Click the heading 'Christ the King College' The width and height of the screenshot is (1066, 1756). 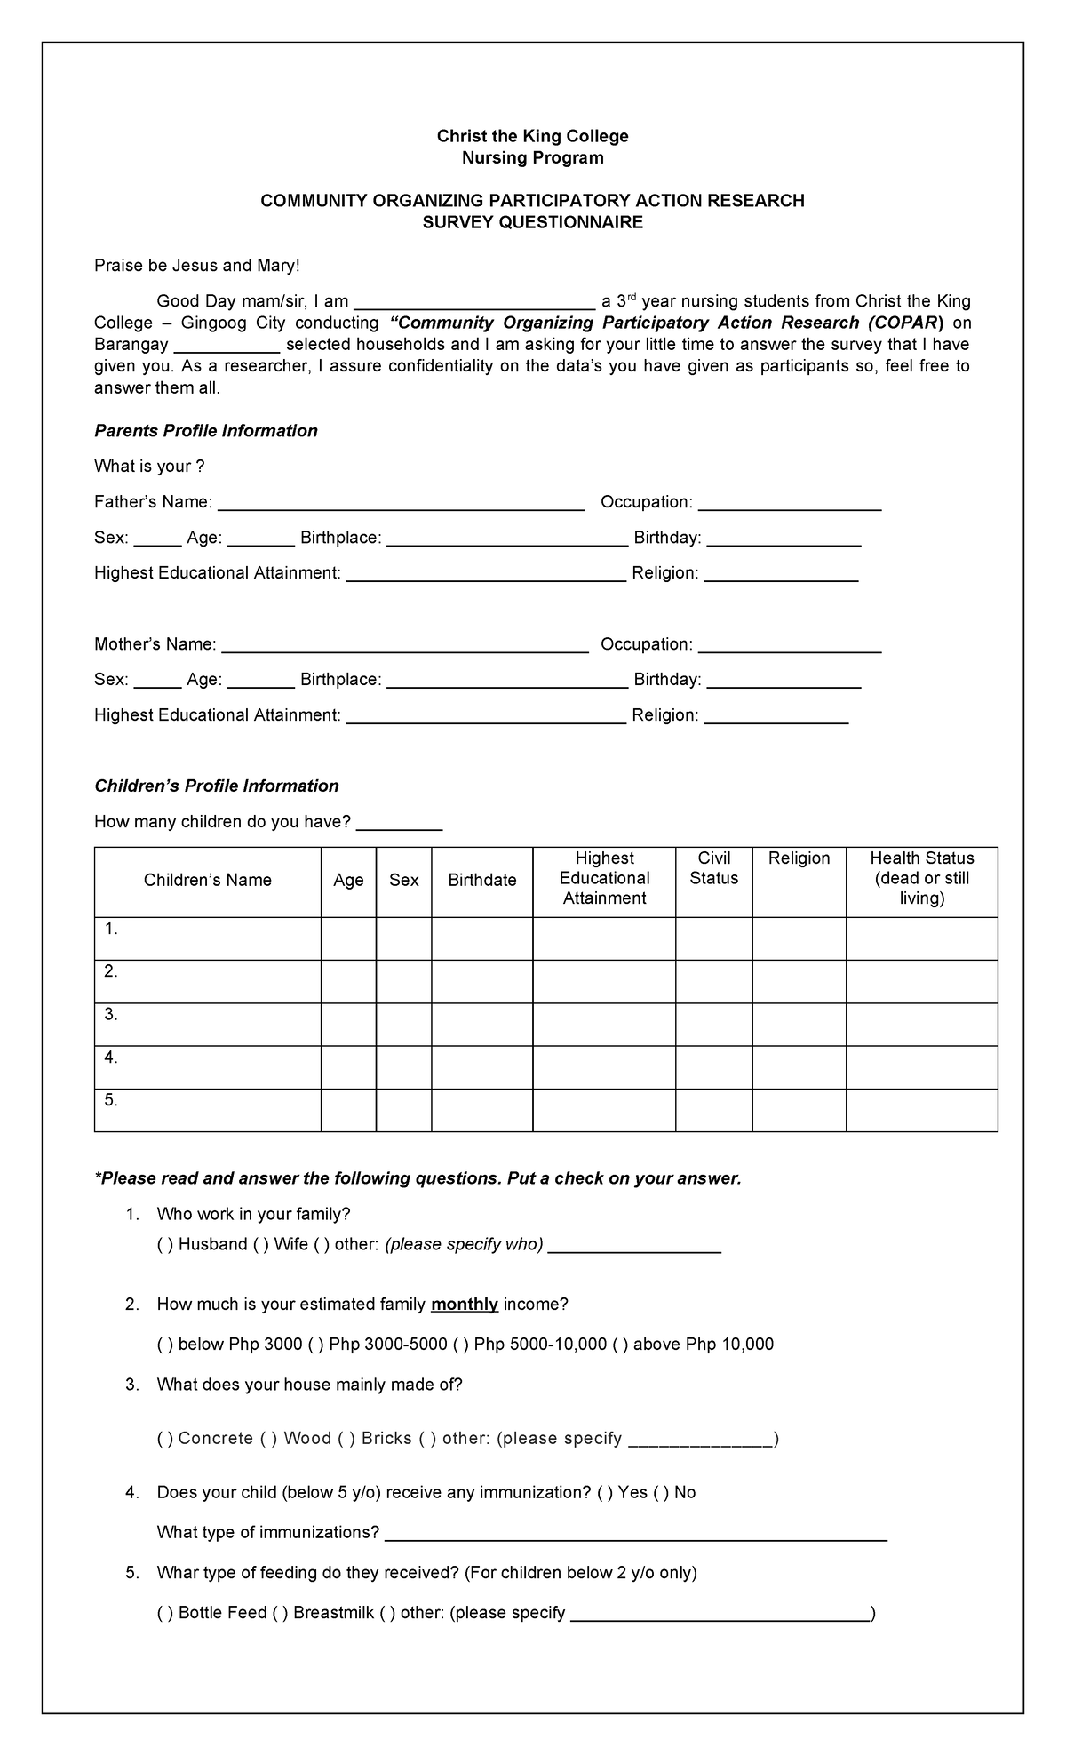point(532,136)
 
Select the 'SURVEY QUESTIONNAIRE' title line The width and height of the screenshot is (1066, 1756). point(532,222)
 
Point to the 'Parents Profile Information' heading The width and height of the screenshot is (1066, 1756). point(205,431)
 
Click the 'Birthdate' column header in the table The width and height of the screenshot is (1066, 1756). point(481,880)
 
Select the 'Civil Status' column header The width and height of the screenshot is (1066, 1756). point(713,868)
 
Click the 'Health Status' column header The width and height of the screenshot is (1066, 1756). point(921,878)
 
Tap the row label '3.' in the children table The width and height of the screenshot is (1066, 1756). point(111,1015)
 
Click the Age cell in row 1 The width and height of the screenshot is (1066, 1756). point(348,938)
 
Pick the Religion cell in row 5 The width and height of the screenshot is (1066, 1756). point(799,1110)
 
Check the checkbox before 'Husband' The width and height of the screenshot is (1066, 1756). point(165,1245)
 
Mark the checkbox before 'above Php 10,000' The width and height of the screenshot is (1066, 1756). point(620,1345)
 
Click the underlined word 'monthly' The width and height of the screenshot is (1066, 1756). point(464,1305)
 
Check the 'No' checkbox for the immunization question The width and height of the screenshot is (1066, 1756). point(661,1493)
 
